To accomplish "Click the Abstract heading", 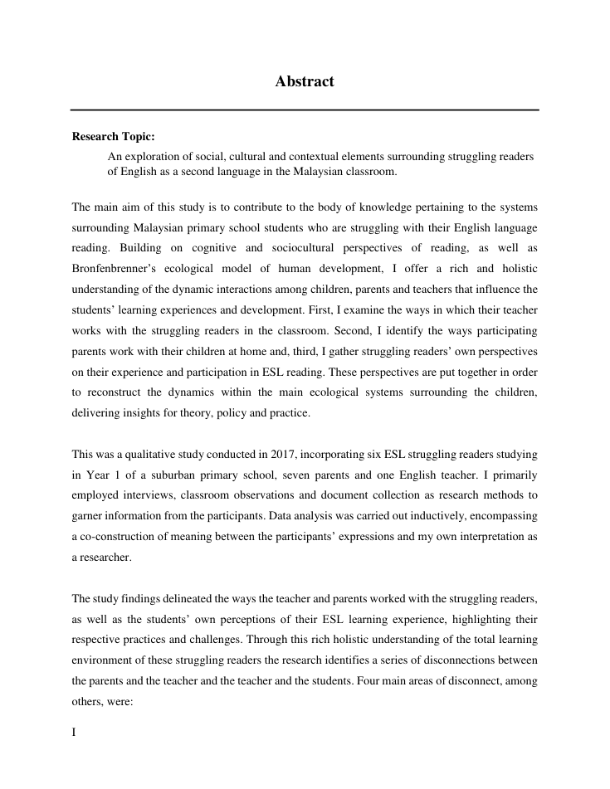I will tap(305, 81).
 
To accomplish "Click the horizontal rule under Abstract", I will tap(305, 110).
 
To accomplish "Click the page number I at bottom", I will tap(74, 733).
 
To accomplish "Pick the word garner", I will tap(88, 515).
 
